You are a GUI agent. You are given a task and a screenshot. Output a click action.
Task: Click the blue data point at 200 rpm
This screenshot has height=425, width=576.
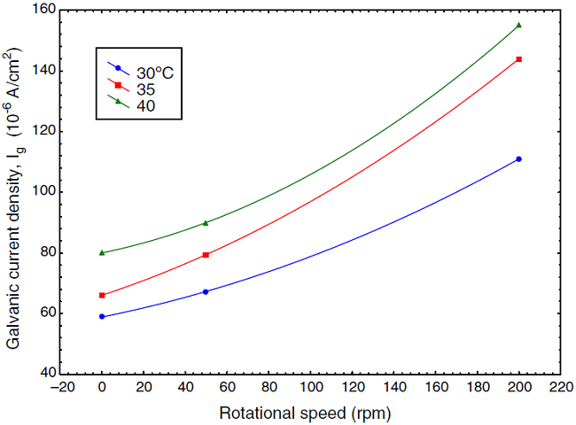(518, 159)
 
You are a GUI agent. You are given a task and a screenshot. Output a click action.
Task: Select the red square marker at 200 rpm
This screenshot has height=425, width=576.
(518, 59)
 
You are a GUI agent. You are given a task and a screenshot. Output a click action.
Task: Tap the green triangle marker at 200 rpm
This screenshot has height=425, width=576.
(518, 25)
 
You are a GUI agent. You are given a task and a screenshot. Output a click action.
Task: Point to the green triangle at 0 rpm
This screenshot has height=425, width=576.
(102, 252)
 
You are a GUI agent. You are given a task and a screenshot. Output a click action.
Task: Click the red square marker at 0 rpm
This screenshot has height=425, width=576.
(102, 295)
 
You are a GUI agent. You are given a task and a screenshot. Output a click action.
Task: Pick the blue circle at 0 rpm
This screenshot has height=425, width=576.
(102, 316)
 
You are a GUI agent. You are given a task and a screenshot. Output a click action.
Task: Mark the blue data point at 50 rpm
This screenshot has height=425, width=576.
(206, 291)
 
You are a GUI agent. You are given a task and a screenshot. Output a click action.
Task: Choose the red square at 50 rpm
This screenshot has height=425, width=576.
(206, 255)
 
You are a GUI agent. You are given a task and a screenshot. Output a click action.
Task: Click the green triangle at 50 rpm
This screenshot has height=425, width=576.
(206, 223)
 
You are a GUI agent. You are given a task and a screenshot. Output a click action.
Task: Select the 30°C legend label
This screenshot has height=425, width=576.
(153, 72)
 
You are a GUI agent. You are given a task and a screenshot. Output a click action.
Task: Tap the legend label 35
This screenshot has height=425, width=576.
(145, 89)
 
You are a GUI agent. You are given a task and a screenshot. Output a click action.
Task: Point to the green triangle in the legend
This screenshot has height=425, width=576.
(118, 101)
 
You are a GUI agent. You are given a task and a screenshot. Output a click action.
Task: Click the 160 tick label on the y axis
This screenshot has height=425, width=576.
(43, 11)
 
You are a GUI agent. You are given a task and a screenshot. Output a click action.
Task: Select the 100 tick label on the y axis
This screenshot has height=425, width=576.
(43, 192)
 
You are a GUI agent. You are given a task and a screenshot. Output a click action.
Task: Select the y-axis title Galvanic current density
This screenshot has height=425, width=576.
(16, 190)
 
